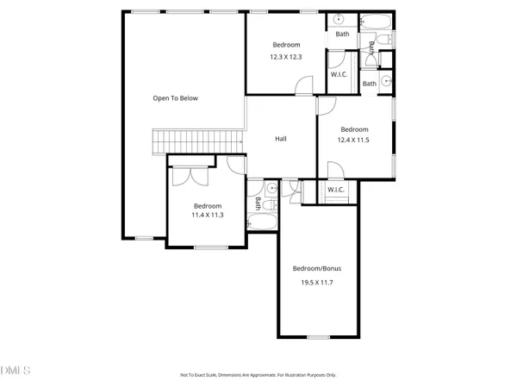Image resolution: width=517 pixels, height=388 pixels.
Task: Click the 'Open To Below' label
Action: (x=176, y=98)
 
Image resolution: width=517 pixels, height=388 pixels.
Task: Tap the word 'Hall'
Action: (x=281, y=139)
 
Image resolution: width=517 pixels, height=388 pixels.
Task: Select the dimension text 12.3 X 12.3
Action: (x=286, y=58)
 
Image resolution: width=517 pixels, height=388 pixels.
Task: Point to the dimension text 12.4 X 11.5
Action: (x=353, y=140)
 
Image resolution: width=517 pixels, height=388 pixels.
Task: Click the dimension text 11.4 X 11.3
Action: (x=208, y=215)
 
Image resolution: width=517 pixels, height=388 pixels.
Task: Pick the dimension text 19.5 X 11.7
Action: (x=316, y=282)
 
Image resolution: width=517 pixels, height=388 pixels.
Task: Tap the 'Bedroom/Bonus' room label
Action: (x=316, y=268)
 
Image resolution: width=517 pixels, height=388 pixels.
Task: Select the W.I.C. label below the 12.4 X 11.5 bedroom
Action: (x=336, y=190)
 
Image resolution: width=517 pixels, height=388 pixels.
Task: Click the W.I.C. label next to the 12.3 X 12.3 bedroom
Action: (x=339, y=74)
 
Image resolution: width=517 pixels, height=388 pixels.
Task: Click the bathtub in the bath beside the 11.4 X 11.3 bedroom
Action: (x=262, y=223)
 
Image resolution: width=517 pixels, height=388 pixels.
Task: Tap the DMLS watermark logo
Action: (x=16, y=371)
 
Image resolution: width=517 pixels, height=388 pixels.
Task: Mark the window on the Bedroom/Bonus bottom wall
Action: (x=318, y=336)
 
